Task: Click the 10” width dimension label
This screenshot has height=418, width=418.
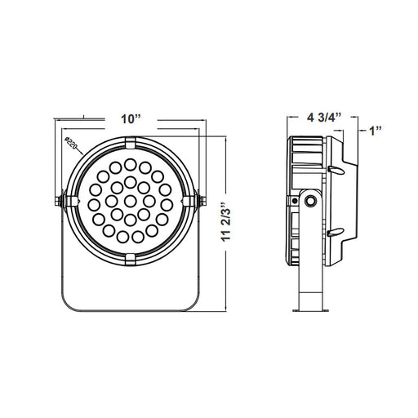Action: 131,119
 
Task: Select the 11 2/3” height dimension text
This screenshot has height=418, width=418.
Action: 226,221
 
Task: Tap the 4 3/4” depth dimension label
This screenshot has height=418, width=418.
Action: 324,118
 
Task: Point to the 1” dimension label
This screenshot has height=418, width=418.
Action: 375,131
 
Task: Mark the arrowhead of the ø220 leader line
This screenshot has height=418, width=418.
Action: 82,154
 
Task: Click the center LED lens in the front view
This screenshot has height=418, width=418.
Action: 131,201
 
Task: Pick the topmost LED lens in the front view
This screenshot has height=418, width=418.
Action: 131,164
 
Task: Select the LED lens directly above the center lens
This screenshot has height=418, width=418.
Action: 131,182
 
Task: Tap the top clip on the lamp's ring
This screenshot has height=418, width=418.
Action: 131,143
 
